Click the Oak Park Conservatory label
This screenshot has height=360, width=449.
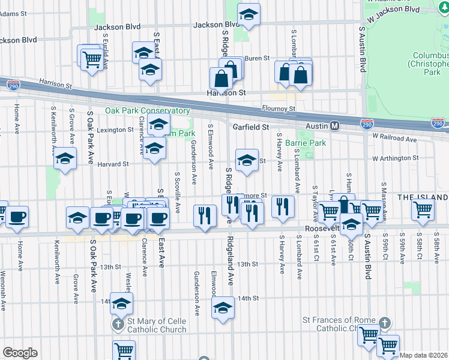(x=148, y=111)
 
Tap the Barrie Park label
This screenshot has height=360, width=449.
(x=306, y=143)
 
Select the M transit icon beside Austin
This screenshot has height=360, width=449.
(x=336, y=126)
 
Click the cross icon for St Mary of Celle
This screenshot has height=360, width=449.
(x=118, y=325)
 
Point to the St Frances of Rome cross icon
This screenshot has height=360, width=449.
(x=385, y=323)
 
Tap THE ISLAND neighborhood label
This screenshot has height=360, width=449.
(x=422, y=197)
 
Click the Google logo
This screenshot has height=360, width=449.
(x=20, y=352)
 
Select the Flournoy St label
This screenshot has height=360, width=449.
(x=279, y=109)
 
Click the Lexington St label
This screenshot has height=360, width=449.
(x=115, y=130)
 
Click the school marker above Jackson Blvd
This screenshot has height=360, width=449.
(x=249, y=15)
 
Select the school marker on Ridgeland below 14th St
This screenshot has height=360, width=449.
(x=223, y=309)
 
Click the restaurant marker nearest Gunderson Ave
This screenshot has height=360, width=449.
(x=205, y=215)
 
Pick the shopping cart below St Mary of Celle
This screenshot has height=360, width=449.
(x=124, y=350)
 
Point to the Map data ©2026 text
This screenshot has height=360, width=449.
(x=424, y=355)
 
